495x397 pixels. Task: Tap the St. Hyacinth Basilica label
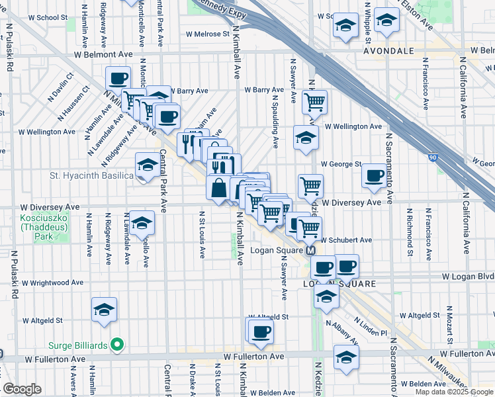[92, 176]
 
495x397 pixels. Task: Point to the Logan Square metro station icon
[310, 251]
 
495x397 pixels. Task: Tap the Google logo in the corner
[22, 388]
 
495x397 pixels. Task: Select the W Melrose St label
[207, 33]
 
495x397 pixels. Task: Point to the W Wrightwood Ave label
[52, 283]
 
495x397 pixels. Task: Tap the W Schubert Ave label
[347, 240]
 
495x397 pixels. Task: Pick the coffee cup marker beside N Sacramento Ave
[375, 176]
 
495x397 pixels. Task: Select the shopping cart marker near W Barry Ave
[314, 101]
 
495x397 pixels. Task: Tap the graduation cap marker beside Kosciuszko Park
[142, 223]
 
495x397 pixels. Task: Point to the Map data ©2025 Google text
[455, 392]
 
